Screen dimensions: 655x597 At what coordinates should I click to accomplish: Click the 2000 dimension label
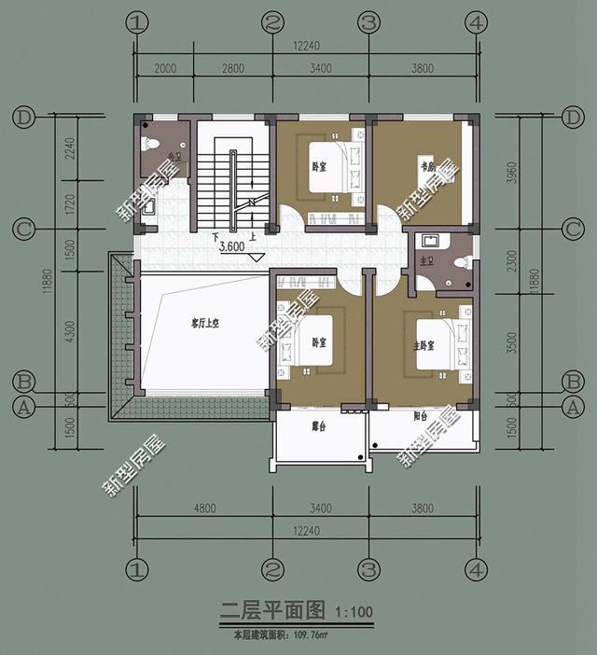coord(164,68)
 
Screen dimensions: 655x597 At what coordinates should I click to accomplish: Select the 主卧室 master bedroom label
coord(426,345)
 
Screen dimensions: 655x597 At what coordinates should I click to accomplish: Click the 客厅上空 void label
coord(203,324)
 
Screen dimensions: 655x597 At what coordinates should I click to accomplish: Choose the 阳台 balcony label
coord(419,417)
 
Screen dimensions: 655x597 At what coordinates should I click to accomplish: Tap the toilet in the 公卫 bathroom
coord(151,146)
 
